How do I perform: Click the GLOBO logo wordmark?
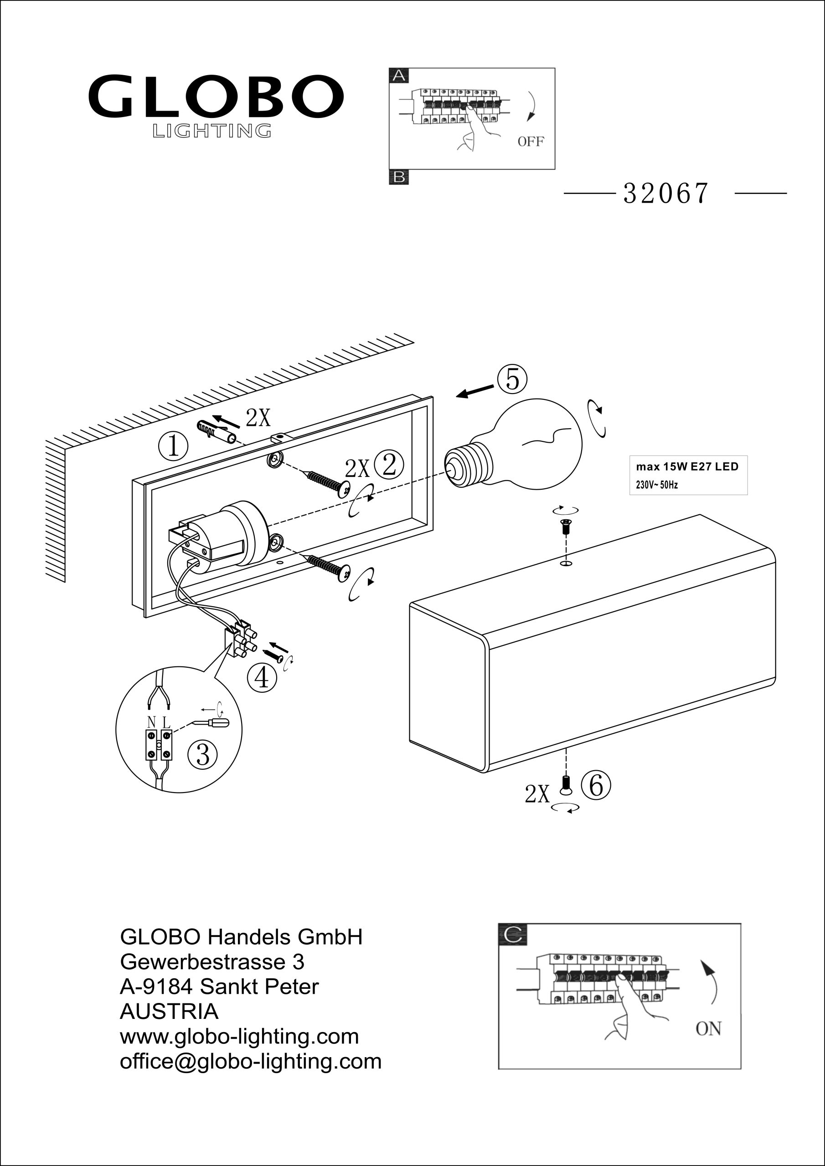click(216, 96)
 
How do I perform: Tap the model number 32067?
click(665, 194)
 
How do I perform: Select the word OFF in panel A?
click(530, 142)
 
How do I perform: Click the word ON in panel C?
click(708, 1029)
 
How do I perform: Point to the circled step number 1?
click(173, 446)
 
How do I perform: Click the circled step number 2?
click(389, 465)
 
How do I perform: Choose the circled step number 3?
click(203, 754)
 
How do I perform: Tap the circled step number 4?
click(262, 677)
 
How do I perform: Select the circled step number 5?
click(512, 379)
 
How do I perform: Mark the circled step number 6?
click(596, 785)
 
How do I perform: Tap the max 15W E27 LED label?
click(687, 467)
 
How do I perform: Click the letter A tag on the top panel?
click(399, 76)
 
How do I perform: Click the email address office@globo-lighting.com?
click(251, 1061)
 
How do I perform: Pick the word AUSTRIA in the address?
click(169, 1012)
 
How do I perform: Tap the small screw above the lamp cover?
click(566, 527)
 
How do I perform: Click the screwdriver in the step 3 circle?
click(211, 723)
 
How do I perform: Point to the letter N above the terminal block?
click(151, 721)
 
